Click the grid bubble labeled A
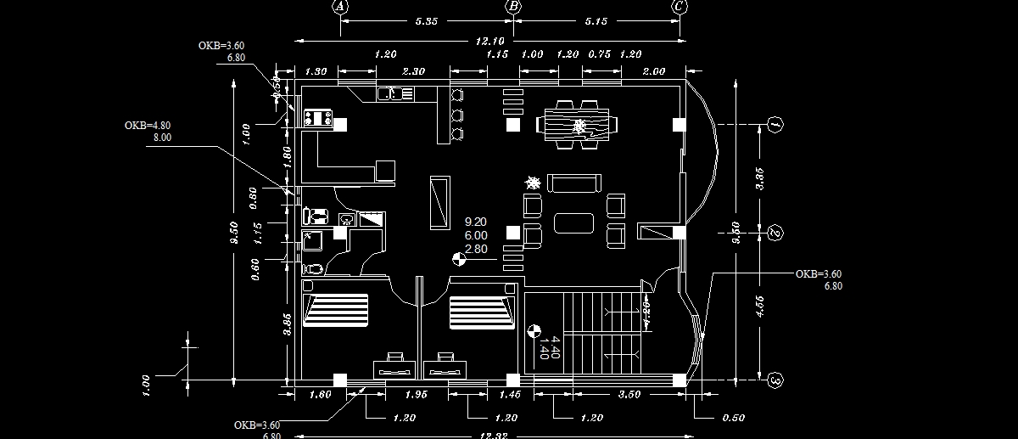pyautogui.click(x=340, y=6)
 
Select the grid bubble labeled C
pyautogui.click(x=679, y=6)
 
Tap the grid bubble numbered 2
pyautogui.click(x=775, y=233)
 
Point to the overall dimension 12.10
pyautogui.click(x=490, y=41)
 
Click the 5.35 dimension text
pyautogui.click(x=426, y=22)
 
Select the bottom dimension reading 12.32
pyautogui.click(x=491, y=435)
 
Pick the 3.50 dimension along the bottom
pyautogui.click(x=629, y=395)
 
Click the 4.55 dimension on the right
pyautogui.click(x=759, y=305)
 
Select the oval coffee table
pyautogui.click(x=573, y=222)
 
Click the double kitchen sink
pyautogui.click(x=395, y=93)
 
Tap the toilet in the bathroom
pyautogui.click(x=313, y=268)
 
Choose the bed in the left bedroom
pyautogui.click(x=336, y=310)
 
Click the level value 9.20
pyautogui.click(x=476, y=222)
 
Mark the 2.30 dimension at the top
pyautogui.click(x=413, y=71)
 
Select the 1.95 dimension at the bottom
pyautogui.click(x=416, y=395)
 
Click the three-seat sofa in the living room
pyautogui.click(x=573, y=183)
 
